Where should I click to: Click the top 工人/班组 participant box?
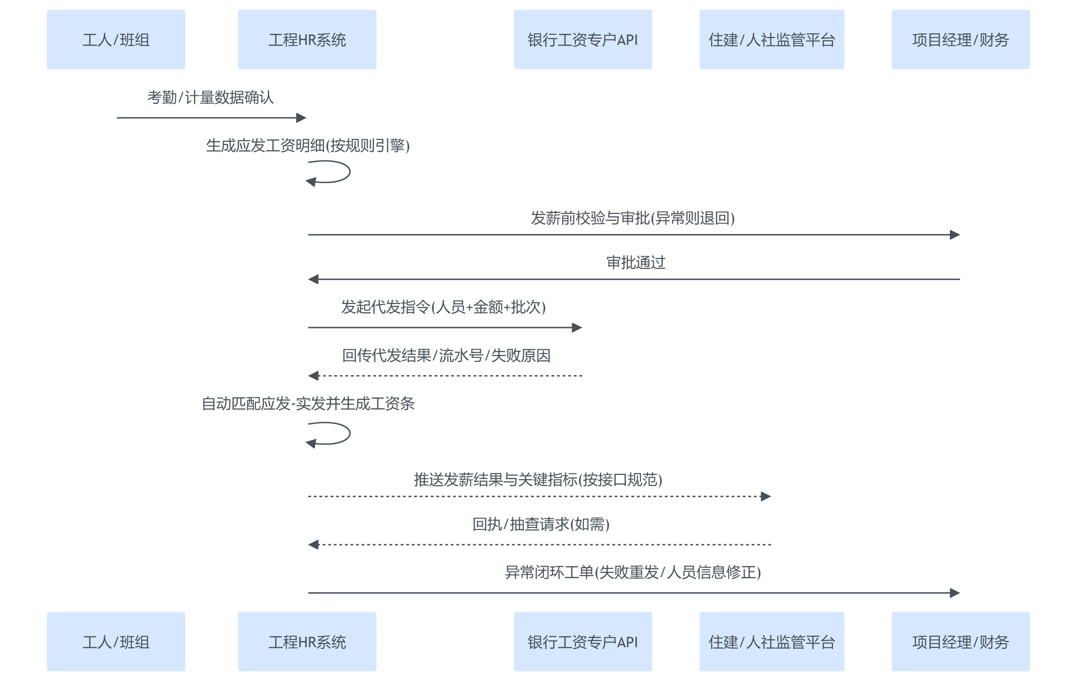coord(116,39)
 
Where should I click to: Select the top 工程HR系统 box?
coord(307,39)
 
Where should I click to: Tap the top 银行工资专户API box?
coord(582,39)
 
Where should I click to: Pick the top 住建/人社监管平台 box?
coord(771,39)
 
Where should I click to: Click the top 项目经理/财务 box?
coord(960,39)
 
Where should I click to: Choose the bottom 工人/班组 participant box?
coord(116,641)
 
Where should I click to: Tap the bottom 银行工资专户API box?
coord(582,641)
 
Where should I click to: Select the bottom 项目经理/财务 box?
coord(960,641)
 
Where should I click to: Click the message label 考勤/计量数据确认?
coord(210,97)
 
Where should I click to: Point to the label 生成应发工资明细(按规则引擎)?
coord(308,145)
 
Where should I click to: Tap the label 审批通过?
coord(635,262)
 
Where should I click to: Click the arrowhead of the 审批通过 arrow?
coord(313,279)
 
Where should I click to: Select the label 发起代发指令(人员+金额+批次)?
coord(443,307)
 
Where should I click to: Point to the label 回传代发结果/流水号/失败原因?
coord(446,355)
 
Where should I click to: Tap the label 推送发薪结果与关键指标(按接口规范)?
coord(538,480)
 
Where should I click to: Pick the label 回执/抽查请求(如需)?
coord(541,524)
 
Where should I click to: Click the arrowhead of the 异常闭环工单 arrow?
coord(955,593)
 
